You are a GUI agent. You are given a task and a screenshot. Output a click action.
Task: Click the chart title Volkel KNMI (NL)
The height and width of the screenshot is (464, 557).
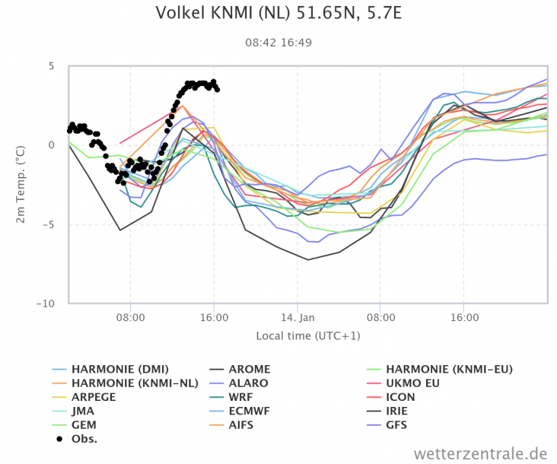[x=278, y=14]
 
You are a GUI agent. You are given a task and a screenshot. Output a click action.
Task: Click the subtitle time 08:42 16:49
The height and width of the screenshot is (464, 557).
[x=278, y=42]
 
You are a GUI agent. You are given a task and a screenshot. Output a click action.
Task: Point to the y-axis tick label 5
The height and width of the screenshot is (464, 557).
[x=51, y=66]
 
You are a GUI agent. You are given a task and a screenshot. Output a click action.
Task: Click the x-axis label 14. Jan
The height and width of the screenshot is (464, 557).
[x=297, y=317]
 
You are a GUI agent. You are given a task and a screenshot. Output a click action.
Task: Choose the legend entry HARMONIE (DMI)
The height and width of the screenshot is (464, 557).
[x=111, y=370]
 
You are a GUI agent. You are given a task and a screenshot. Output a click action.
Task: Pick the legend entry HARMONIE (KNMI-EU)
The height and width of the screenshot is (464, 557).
[x=450, y=370]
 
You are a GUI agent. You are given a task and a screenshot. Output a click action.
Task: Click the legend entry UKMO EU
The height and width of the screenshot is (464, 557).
[x=412, y=383]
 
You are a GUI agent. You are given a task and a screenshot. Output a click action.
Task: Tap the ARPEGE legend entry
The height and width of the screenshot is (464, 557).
[x=94, y=397]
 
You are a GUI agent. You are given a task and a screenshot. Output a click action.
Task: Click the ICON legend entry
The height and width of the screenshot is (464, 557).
[x=402, y=397]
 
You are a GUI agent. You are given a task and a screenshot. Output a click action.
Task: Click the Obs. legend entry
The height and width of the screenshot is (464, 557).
[x=84, y=438]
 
